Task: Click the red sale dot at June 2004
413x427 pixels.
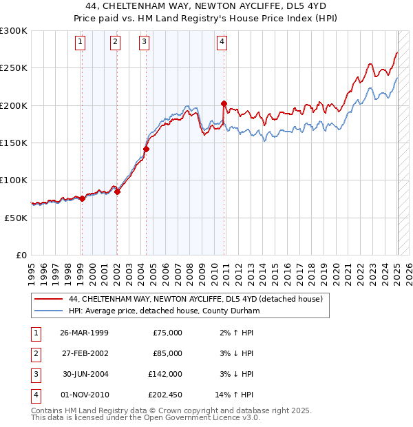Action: tap(146, 149)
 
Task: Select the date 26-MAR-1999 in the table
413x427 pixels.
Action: tap(84, 333)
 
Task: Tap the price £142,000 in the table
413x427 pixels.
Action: tap(166, 374)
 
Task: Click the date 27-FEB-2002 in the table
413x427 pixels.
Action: tap(84, 353)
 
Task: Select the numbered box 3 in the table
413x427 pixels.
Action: tap(35, 374)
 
